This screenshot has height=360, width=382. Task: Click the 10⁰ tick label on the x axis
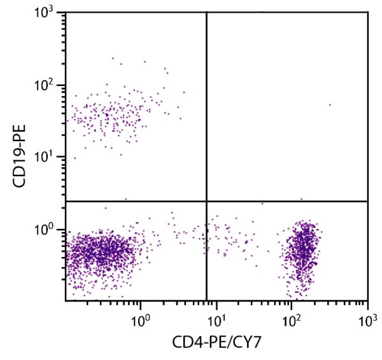pyautogui.click(x=141, y=316)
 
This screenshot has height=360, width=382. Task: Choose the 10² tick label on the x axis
pyautogui.click(x=292, y=316)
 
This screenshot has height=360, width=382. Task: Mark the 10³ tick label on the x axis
pyautogui.click(x=367, y=316)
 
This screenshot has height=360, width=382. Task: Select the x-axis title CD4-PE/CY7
pyautogui.click(x=216, y=343)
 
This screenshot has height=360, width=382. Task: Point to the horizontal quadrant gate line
pyautogui.click(x=286, y=202)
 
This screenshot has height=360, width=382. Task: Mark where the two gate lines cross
pyautogui.click(x=206, y=202)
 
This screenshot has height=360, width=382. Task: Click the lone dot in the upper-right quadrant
pyautogui.click(x=330, y=105)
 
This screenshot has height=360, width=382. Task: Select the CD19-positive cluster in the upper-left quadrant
pyautogui.click(x=115, y=114)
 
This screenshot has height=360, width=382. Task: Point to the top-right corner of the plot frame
pyautogui.click(x=367, y=12)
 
